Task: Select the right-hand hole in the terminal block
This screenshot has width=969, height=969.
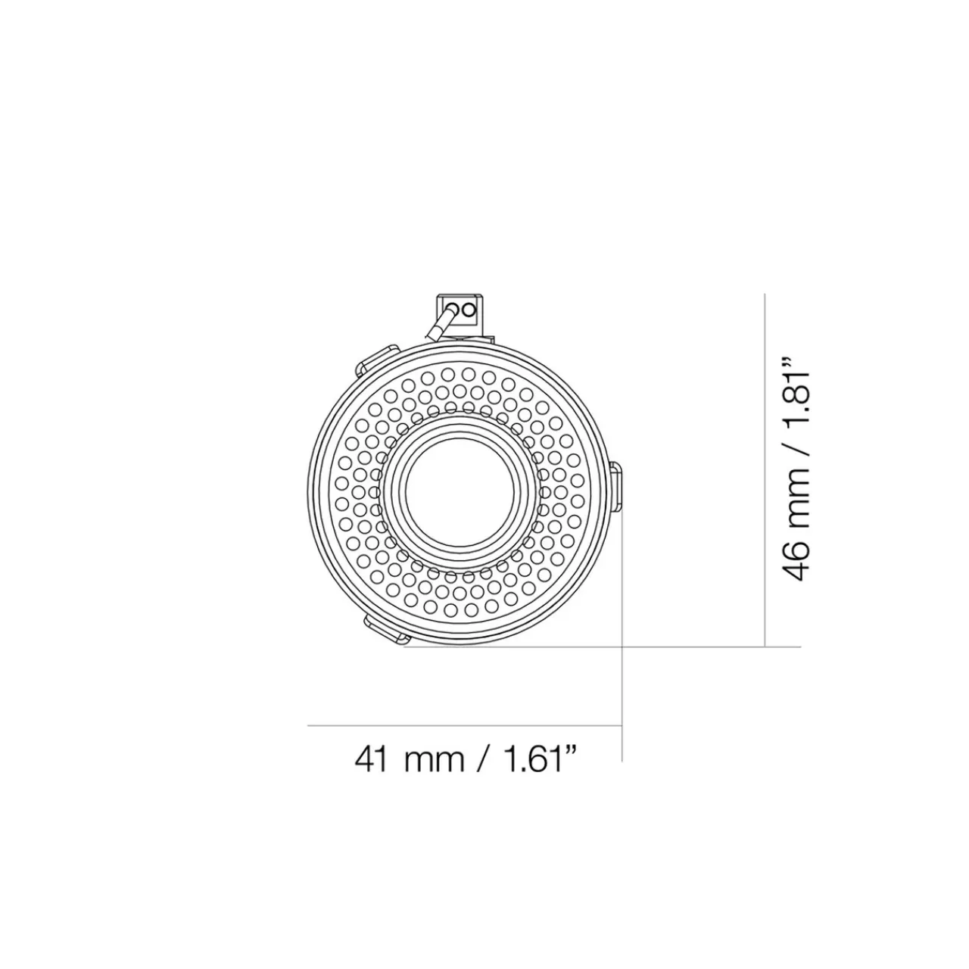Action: pyautogui.click(x=469, y=309)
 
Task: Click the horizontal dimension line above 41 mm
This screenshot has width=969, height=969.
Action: pyautogui.click(x=463, y=726)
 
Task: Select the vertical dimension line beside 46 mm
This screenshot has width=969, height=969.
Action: pyautogui.click(x=765, y=469)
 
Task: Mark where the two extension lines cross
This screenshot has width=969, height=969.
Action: pyautogui.click(x=622, y=647)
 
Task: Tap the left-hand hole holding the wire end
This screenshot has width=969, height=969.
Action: pyautogui.click(x=455, y=309)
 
